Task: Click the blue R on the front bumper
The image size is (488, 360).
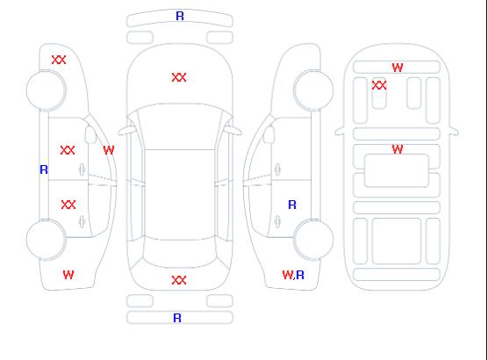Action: [180, 16]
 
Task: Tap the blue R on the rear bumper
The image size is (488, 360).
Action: [177, 318]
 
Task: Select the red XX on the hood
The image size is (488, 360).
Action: [179, 77]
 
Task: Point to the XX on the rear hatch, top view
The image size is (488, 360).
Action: [179, 280]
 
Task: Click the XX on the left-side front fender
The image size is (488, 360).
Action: [59, 60]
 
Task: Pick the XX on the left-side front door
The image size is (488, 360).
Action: [68, 150]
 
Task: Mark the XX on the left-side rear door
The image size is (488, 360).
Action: [68, 205]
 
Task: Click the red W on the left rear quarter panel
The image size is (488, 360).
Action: [68, 275]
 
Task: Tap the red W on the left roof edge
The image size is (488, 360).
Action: [109, 150]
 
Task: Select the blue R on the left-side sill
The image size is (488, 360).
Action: [44, 169]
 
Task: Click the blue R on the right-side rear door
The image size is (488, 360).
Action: [292, 205]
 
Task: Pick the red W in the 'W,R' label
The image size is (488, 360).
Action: [288, 275]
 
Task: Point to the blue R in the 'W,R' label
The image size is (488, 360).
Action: [300, 275]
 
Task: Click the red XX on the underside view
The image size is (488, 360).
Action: [379, 85]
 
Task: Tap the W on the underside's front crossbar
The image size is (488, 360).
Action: [398, 68]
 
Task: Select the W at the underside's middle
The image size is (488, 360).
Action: [398, 149]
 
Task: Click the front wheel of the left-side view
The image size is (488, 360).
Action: [46, 90]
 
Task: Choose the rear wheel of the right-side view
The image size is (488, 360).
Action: [313, 239]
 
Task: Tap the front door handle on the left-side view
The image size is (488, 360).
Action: [83, 169]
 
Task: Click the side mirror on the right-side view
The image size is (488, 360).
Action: [269, 134]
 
